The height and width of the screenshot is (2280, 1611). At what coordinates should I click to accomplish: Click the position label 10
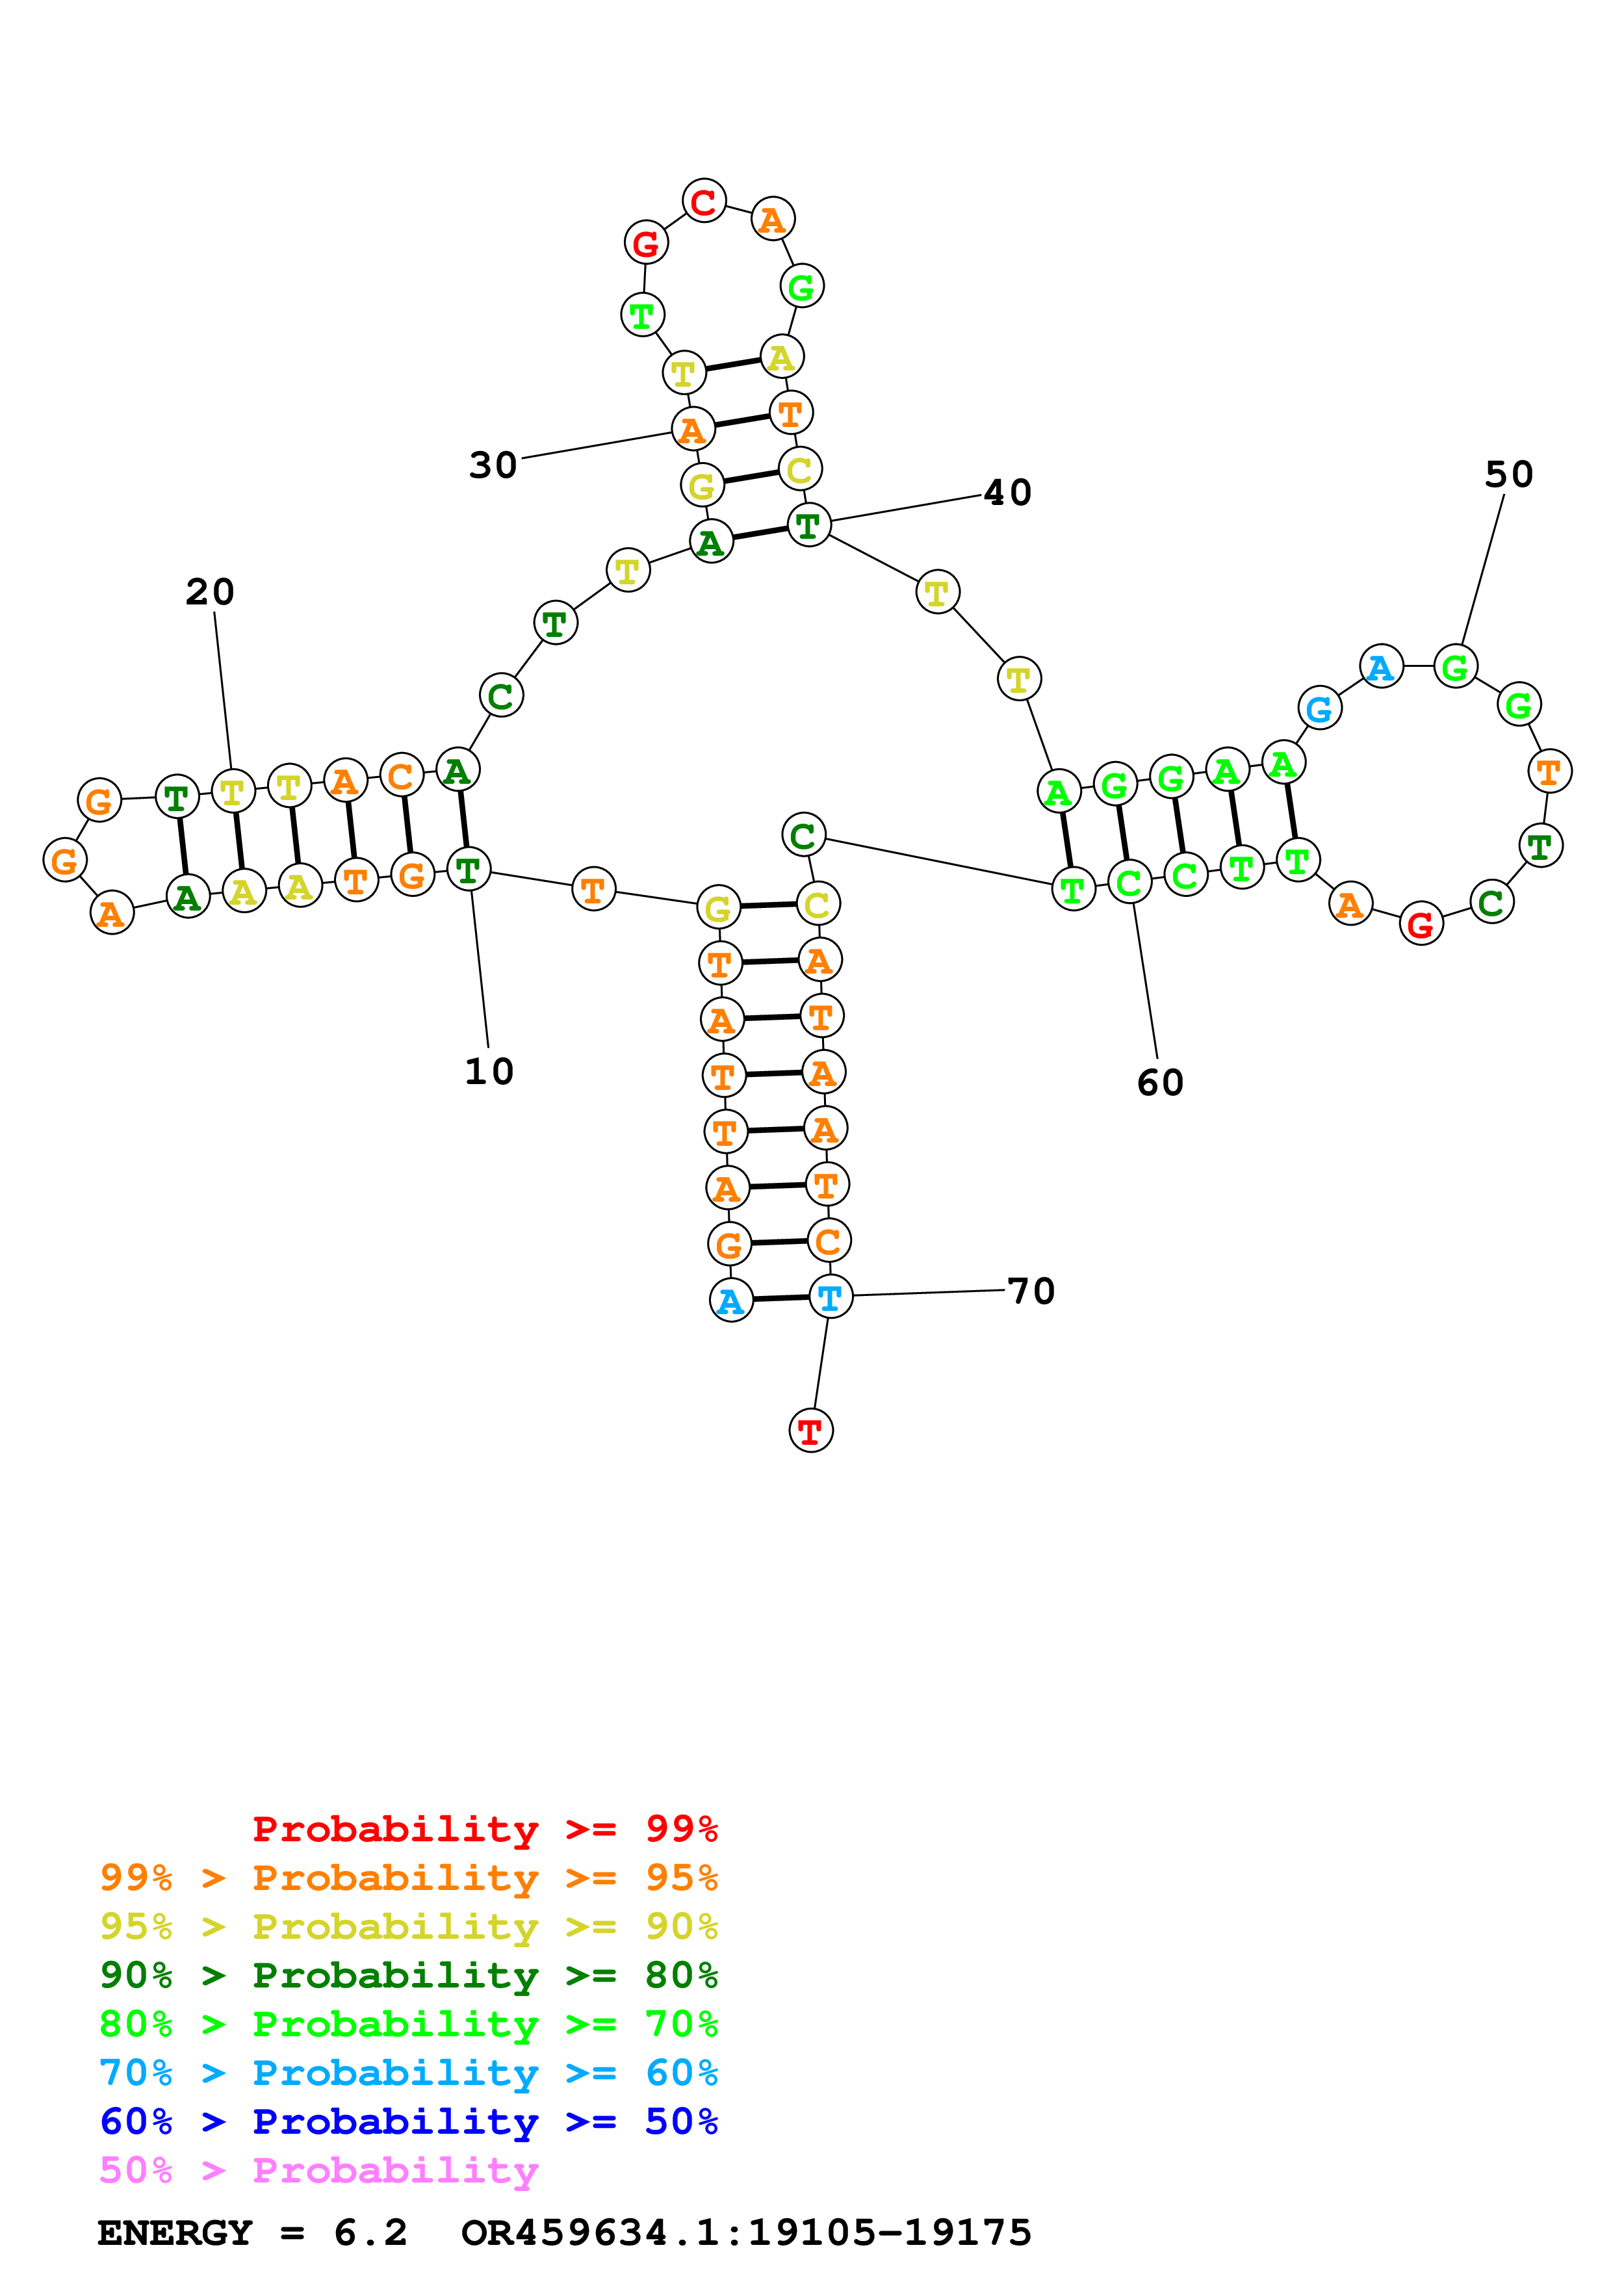pos(489,1072)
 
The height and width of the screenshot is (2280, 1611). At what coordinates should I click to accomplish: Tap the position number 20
pos(211,592)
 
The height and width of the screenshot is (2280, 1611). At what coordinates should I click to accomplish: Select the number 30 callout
pos(493,465)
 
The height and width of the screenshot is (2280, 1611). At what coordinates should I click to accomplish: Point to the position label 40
pos(1007,493)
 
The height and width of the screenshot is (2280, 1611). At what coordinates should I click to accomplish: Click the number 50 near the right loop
pos(1509,474)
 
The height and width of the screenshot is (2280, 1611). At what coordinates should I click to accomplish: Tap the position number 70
pos(1031,1291)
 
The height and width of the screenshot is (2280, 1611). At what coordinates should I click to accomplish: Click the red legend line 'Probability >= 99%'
pos(484,1828)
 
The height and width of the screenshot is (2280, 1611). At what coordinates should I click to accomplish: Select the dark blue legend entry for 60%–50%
pos(409,2121)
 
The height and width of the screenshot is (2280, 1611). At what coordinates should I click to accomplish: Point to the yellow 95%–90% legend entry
pos(409,1926)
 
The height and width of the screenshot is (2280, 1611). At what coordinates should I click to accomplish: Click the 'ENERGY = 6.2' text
pos(252,2233)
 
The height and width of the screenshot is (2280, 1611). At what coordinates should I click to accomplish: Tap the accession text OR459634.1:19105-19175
pos(747,2233)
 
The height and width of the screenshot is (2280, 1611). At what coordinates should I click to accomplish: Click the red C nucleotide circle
pos(704,201)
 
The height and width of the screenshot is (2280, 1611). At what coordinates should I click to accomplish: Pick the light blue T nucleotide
pos(830,1297)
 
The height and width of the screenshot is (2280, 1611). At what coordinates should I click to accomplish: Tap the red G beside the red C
pos(645,242)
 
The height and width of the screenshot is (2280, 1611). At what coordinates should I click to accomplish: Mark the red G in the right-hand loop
pos(1421,924)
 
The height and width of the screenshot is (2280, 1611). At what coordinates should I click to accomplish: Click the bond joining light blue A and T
pos(780,1299)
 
